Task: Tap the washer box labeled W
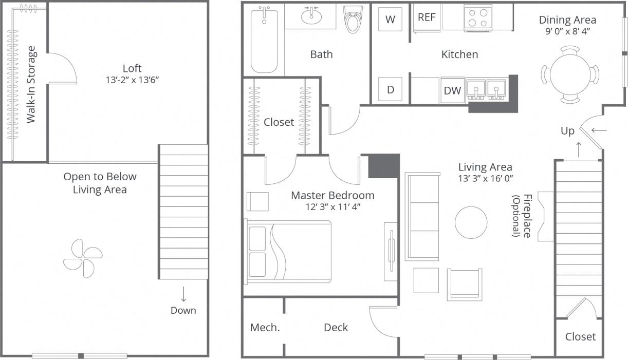pos(391,20)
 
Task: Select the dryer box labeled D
pos(391,89)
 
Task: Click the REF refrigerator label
pos(427,17)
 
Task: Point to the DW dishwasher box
pos(452,91)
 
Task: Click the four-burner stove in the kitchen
pos(478,18)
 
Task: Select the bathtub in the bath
pos(264,41)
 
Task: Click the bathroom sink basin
pos(310,17)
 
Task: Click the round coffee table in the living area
pos(471,222)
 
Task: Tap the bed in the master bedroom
pos(288,252)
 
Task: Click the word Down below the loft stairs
pos(183,310)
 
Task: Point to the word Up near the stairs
pos(567,131)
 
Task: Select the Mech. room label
pos(265,328)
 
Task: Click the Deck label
pos(336,328)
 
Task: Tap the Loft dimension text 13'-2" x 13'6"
pos(132,80)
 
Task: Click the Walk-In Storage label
pos(31,85)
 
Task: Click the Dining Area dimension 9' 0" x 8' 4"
pos(567,31)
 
